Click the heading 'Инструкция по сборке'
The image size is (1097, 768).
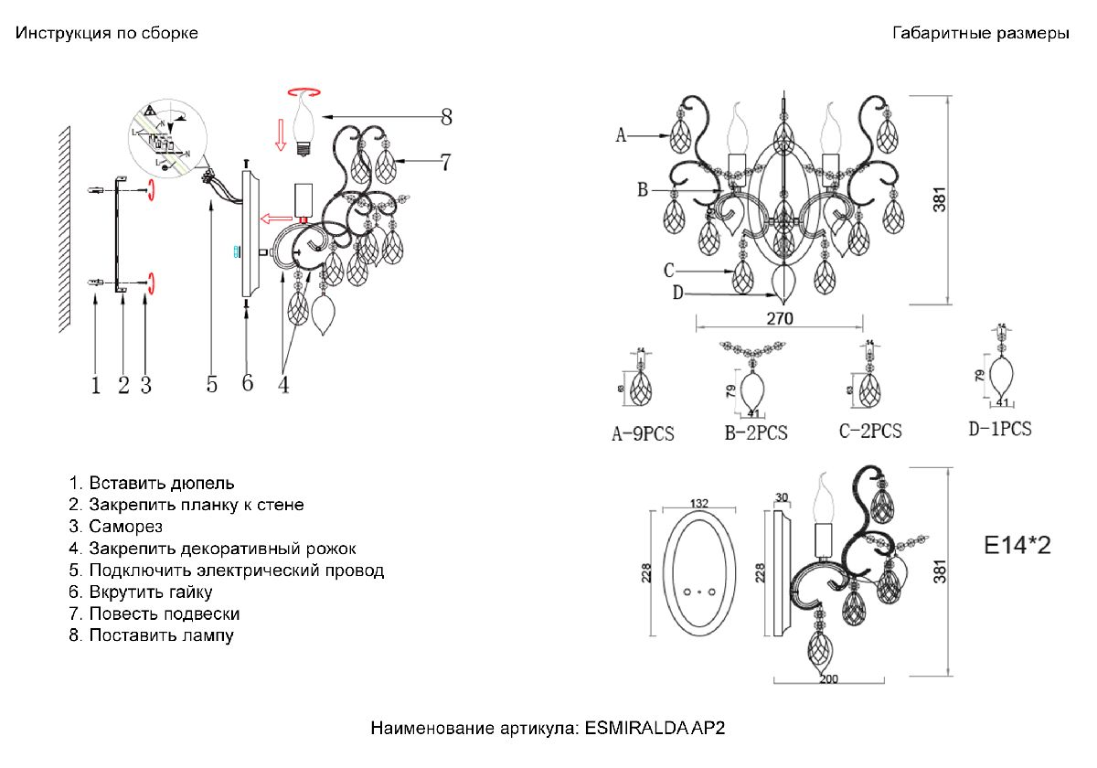pos(106,34)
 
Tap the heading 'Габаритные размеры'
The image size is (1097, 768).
pos(980,34)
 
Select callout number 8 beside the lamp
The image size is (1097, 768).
pos(446,117)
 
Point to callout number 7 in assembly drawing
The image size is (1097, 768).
pos(445,162)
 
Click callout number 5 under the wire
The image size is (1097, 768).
pos(211,384)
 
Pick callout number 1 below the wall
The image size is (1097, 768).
pos(95,386)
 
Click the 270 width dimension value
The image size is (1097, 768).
pos(778,319)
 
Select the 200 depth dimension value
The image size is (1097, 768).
pos(828,679)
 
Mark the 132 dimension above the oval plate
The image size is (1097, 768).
pos(699,504)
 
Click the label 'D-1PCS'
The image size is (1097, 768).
pos(1000,428)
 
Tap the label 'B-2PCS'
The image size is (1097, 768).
pos(756,433)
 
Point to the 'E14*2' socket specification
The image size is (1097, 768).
pos(1017,547)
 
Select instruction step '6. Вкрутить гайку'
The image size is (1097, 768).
pos(141,592)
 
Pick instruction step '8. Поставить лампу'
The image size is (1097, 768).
pos(151,635)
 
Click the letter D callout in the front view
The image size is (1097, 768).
pos(677,293)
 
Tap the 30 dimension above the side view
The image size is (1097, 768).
pos(781,497)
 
